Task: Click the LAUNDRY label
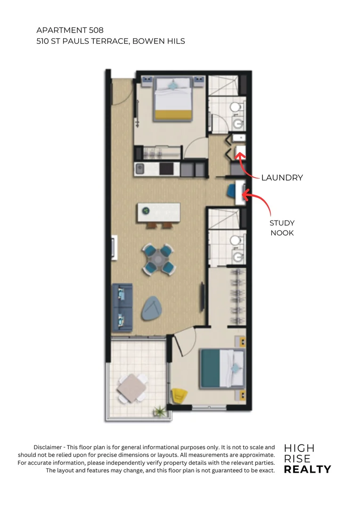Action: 282,178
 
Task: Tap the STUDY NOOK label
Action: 282,228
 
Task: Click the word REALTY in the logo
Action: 307,469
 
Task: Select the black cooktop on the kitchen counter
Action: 166,168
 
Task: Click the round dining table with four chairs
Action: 156,258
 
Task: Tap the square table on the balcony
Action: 131,388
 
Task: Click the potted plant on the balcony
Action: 159,412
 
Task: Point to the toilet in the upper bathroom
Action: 235,108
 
